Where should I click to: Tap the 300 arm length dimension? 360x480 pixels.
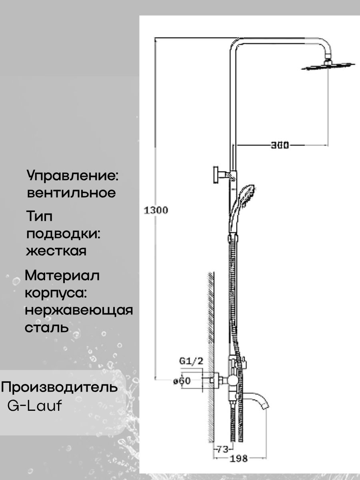(280, 145)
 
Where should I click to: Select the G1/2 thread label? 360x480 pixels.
(191, 361)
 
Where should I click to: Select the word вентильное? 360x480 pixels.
(71, 193)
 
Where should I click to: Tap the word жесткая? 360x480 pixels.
(56, 251)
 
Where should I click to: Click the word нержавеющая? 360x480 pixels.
(78, 310)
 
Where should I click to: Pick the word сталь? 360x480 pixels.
(47, 328)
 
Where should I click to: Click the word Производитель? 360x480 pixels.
(60, 387)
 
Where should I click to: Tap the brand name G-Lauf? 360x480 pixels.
(35, 406)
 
